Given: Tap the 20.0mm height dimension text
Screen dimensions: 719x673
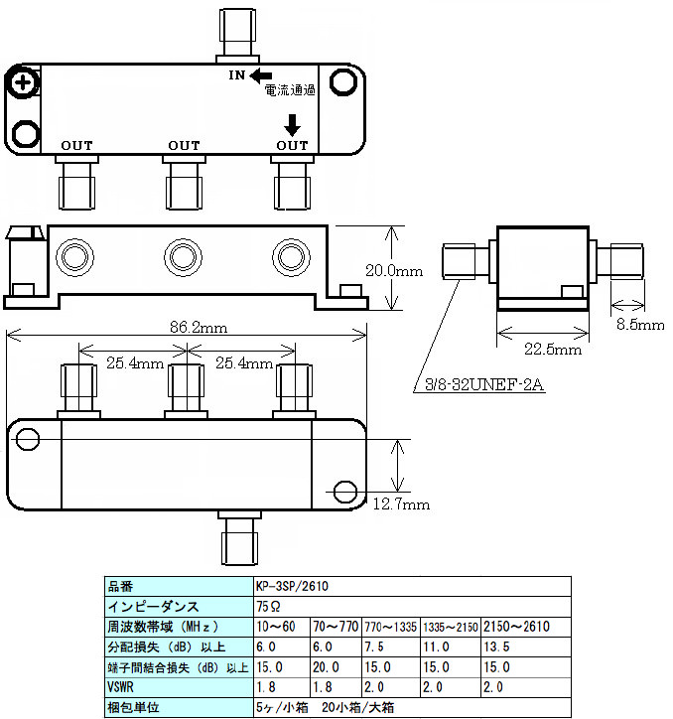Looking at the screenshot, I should click(x=394, y=270).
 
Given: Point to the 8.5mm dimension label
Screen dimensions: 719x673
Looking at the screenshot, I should click(x=638, y=325).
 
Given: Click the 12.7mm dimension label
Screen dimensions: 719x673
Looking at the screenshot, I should click(x=401, y=504).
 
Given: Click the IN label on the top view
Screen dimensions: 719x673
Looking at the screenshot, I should click(x=237, y=74).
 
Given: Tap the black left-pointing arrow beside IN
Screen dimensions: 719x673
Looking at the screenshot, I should click(x=261, y=74).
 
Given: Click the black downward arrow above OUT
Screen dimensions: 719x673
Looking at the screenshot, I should click(x=293, y=124).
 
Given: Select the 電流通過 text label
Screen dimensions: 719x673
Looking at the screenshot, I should click(x=290, y=91).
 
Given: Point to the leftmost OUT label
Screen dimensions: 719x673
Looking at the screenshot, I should click(x=76, y=146).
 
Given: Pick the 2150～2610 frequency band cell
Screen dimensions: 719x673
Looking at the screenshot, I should click(x=515, y=627).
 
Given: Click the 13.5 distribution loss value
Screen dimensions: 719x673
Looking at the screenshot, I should click(x=495, y=647).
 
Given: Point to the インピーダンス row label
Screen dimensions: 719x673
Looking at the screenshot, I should click(x=153, y=606).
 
